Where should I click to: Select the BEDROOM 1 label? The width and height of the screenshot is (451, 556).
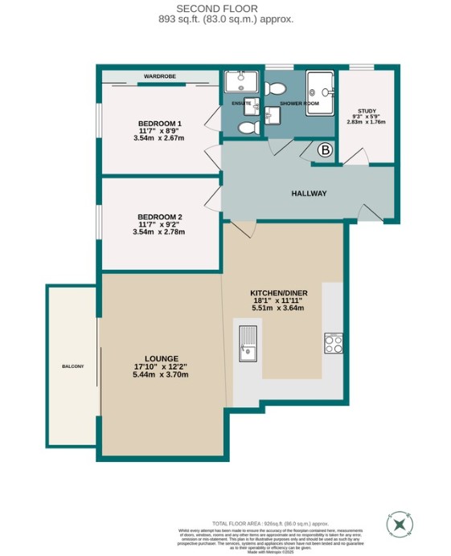160,123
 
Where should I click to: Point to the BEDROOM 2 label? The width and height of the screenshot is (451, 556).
160,217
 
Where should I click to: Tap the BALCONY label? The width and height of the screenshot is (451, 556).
72,366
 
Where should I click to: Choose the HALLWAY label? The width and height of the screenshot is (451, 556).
308,193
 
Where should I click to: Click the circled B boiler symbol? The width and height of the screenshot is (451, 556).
326,149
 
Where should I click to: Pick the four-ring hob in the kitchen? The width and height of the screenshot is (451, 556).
333,343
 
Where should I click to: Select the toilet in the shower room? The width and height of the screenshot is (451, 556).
276,87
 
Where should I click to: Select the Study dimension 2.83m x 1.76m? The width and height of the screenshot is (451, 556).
367,122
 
